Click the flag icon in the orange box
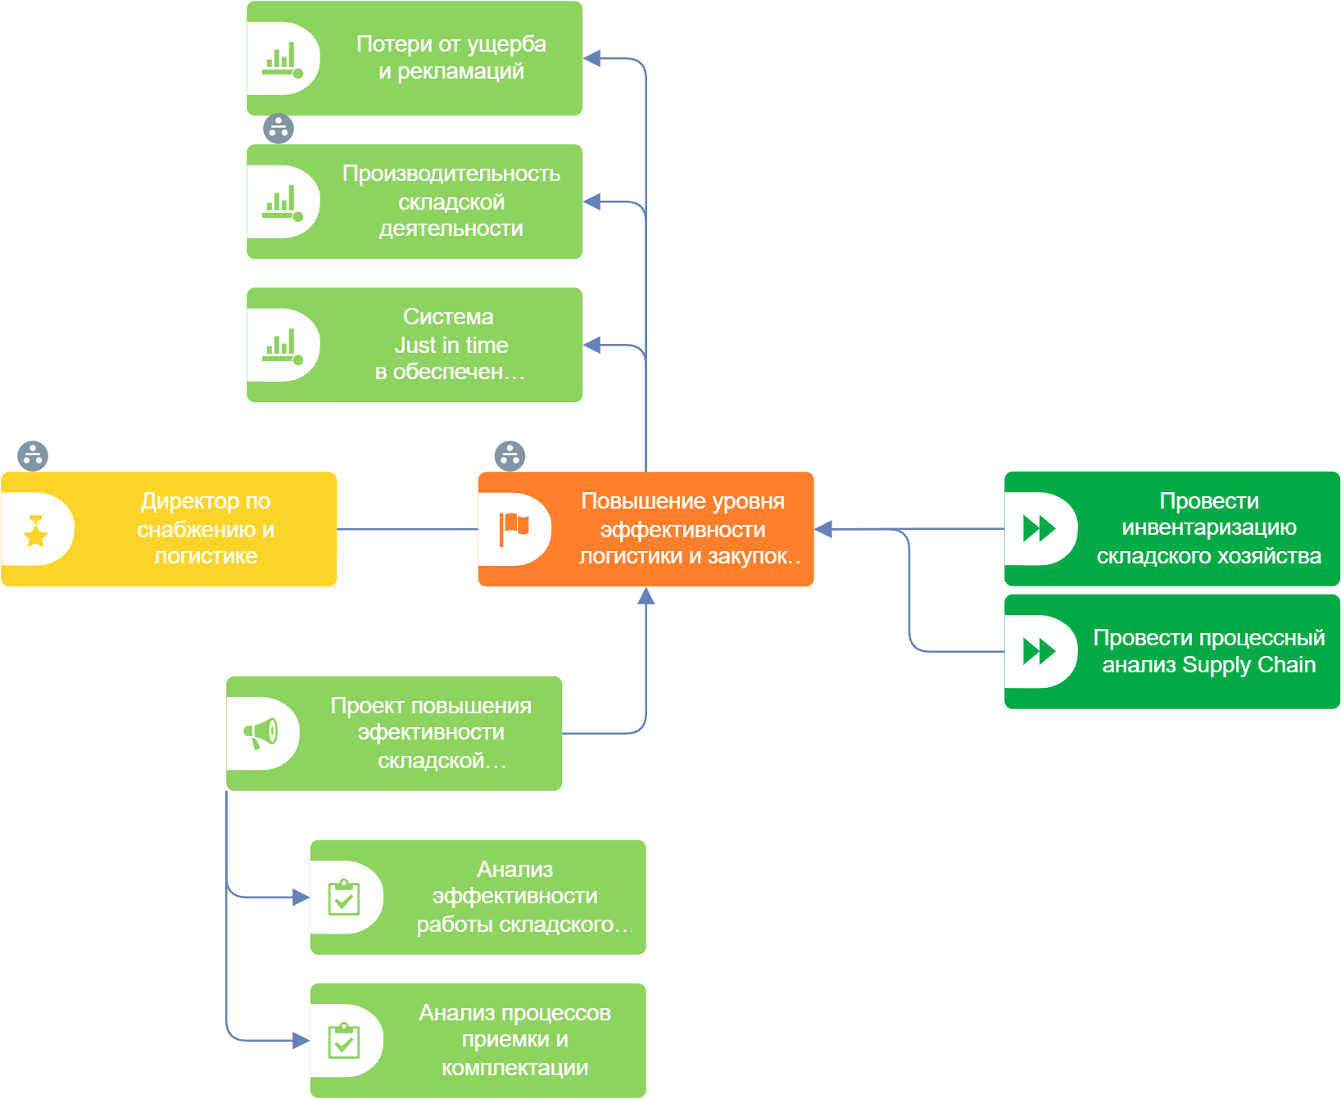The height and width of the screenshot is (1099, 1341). click(514, 529)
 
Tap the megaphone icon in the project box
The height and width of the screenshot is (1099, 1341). click(261, 734)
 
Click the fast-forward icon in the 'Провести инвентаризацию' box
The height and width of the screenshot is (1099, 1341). click(1040, 529)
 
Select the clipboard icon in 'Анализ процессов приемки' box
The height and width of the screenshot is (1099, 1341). click(344, 1041)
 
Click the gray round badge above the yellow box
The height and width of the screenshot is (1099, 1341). click(33, 456)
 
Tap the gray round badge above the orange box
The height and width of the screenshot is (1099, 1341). click(510, 456)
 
